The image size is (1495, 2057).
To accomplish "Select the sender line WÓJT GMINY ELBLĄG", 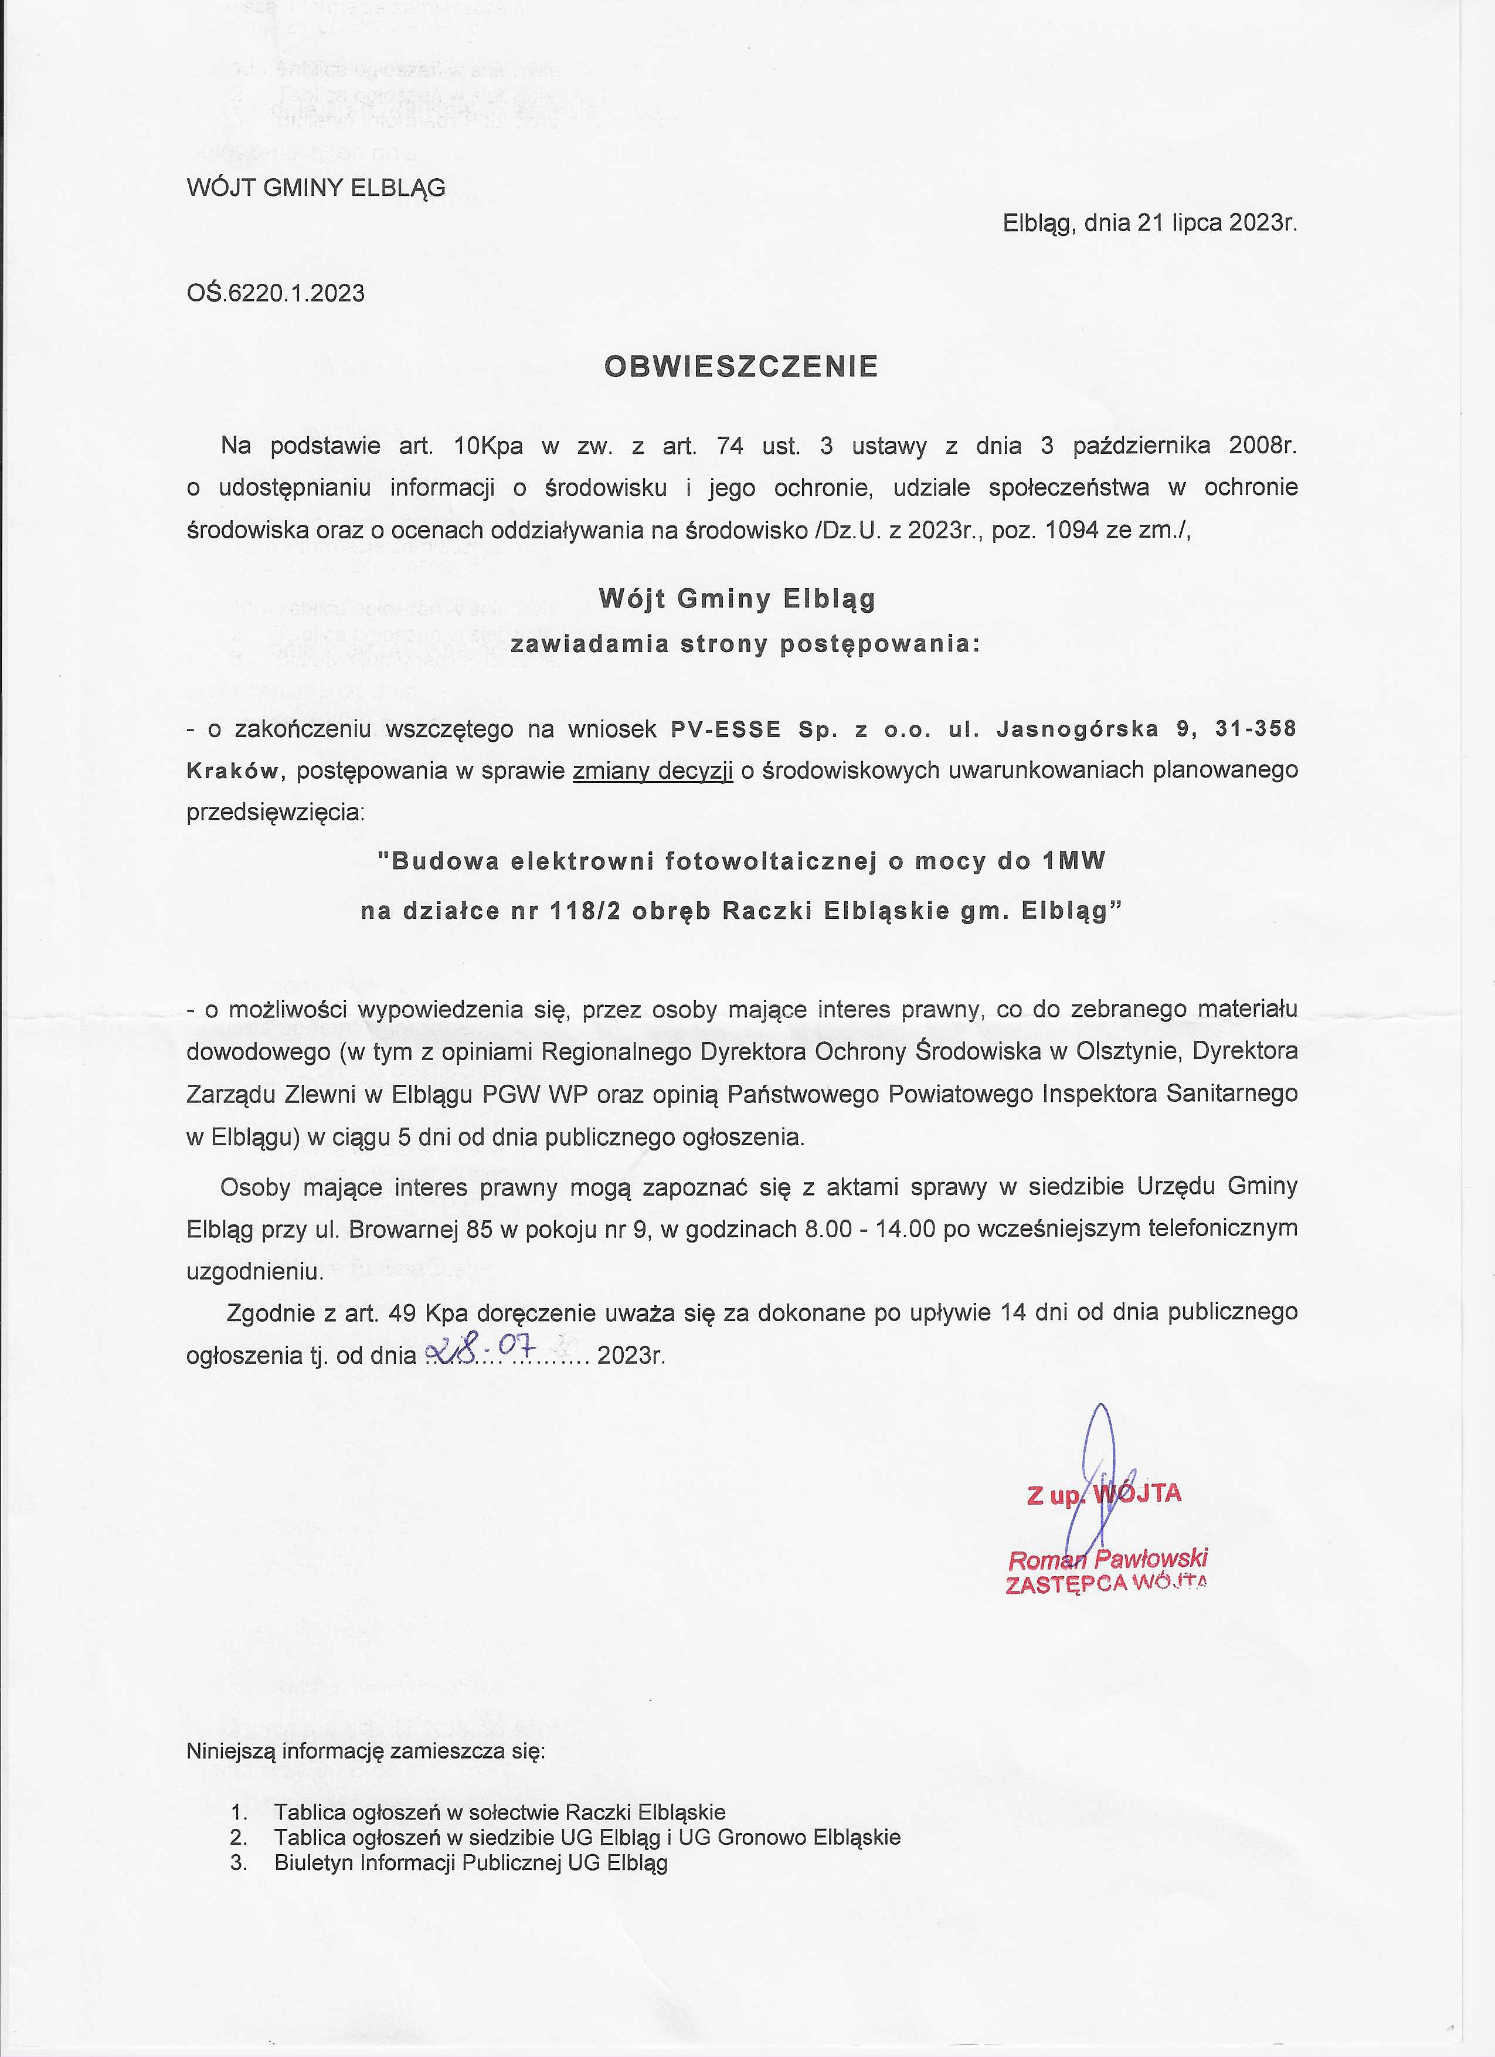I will coord(315,188).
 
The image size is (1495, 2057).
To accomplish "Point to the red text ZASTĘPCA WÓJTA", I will coord(1106,1584).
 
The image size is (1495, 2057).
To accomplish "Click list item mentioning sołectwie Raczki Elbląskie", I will coord(500,1812).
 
